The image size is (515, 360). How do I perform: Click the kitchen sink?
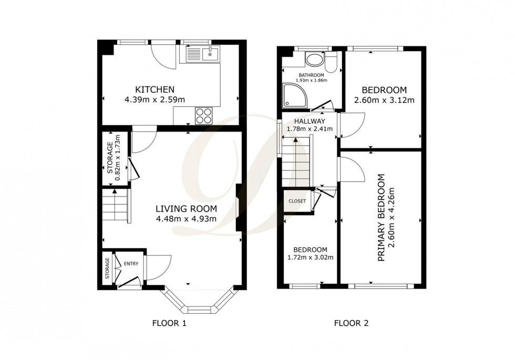point(202,53)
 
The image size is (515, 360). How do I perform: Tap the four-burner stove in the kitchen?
point(204,115)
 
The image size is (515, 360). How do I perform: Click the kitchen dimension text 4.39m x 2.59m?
point(154,99)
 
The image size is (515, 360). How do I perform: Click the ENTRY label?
point(131,264)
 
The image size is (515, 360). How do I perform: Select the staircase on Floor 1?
point(115,205)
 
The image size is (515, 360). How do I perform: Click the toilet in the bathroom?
point(330,63)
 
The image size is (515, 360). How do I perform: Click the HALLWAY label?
point(310,120)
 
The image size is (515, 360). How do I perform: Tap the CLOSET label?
point(297,201)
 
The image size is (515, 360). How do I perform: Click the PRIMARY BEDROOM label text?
point(382,217)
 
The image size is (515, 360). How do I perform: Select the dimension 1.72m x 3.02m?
point(310,258)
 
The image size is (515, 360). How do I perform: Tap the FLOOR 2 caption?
point(352,323)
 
